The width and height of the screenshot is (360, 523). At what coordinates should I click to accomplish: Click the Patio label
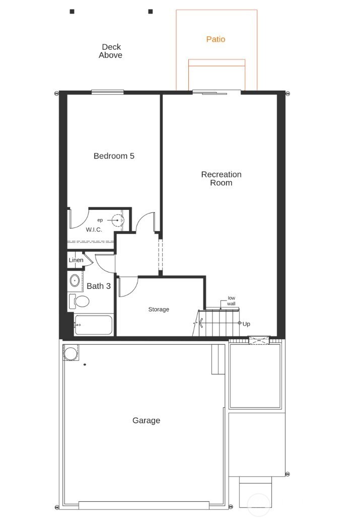[215, 39]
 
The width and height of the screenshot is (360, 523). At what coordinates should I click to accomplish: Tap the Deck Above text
[110, 51]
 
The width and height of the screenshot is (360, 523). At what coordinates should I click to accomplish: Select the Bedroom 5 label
[114, 156]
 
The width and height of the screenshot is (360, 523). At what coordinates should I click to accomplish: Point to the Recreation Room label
[221, 179]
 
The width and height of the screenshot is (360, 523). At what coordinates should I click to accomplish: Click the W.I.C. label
[94, 230]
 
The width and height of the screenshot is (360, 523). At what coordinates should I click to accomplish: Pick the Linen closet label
[76, 260]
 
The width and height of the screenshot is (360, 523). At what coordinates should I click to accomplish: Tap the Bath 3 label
[99, 286]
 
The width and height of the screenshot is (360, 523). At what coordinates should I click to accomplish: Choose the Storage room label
[158, 309]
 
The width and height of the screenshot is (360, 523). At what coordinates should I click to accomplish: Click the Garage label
[146, 420]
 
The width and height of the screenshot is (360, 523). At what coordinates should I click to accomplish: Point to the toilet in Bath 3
[79, 301]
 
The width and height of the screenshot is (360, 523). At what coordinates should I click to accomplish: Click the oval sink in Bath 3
[75, 280]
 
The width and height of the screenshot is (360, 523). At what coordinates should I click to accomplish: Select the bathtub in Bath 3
[93, 325]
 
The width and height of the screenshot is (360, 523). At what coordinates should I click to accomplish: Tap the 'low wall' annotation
[231, 301]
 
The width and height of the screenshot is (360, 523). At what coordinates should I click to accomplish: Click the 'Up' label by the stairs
[246, 324]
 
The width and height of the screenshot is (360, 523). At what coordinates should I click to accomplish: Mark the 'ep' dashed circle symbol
[117, 220]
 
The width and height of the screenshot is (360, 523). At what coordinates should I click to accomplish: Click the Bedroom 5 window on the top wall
[108, 92]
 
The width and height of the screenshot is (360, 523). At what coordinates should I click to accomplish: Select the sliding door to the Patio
[216, 92]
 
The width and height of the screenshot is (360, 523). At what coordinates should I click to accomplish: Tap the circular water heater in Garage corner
[69, 353]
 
